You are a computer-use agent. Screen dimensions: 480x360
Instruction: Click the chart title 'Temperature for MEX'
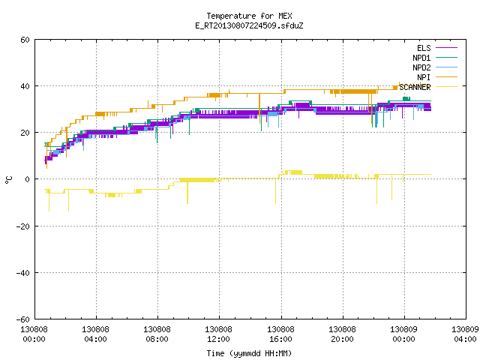(249, 16)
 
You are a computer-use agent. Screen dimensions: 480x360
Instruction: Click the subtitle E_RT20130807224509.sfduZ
(249, 25)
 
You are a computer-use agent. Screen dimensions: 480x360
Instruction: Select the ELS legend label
(424, 48)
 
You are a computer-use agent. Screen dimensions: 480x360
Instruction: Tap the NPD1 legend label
(421, 58)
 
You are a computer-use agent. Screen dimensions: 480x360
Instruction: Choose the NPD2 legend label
(421, 67)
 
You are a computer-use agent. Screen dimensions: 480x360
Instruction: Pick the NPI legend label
(424, 77)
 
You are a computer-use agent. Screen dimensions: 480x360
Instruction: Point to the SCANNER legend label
(415, 87)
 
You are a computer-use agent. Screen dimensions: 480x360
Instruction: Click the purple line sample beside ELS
(446, 48)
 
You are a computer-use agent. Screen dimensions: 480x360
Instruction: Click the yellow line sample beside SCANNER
(446, 87)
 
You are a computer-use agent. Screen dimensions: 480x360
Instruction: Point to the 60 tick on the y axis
(25, 40)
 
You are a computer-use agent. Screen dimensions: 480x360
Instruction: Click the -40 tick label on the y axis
(22, 273)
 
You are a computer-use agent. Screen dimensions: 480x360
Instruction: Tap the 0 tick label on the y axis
(27, 179)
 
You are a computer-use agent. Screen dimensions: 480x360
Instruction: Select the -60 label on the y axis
(22, 319)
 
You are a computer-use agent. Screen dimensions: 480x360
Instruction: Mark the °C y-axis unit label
(8, 180)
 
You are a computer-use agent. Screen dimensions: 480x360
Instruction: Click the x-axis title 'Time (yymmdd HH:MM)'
(249, 353)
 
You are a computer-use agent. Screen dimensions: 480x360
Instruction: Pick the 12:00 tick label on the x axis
(218, 339)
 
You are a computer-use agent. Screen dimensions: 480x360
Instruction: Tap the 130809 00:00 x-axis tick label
(403, 334)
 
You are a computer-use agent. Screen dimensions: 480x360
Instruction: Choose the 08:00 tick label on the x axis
(157, 339)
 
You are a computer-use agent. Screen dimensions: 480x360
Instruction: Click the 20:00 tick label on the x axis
(342, 339)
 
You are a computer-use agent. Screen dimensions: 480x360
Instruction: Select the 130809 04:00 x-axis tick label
(465, 334)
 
